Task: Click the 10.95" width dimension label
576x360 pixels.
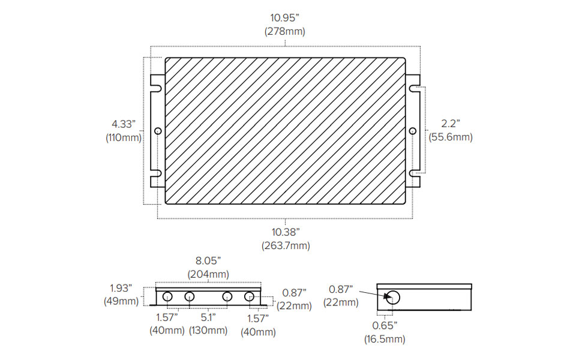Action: [284, 17]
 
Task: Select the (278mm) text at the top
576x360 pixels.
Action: [284, 32]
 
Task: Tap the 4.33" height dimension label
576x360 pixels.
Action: [124, 124]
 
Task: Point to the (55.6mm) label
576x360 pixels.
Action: [451, 137]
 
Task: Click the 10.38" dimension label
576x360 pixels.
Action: [286, 232]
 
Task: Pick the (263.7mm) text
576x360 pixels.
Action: [286, 246]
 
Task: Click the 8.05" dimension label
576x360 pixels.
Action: [208, 261]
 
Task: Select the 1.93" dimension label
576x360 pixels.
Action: [121, 288]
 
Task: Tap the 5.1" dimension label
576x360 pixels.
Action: [208, 317]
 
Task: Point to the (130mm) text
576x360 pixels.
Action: [208, 331]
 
